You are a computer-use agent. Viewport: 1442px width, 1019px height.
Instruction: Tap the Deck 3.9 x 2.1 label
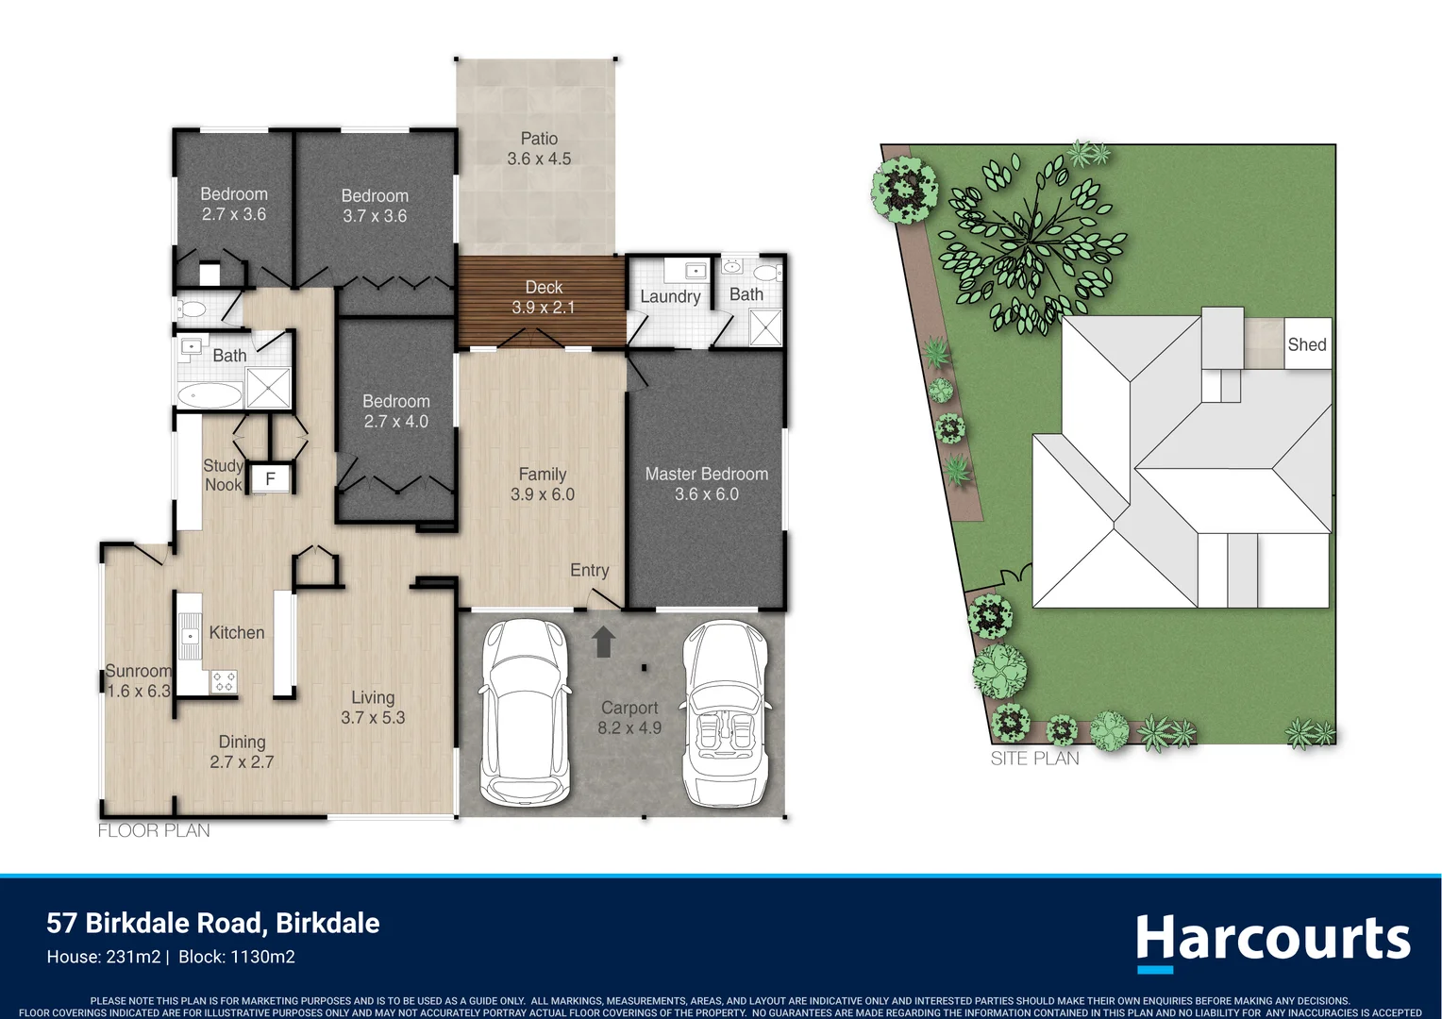pos(544,297)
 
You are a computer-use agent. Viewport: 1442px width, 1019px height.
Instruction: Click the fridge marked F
pos(270,478)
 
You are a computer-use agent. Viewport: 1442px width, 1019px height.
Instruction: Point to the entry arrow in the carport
pos(603,642)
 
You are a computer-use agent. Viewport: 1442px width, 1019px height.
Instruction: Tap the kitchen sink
pos(190,637)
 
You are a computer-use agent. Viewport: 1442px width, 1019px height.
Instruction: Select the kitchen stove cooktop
pos(224,682)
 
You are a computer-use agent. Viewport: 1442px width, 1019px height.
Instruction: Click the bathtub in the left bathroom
pos(210,395)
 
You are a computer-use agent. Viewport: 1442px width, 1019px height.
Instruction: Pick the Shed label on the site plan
pos(1307,344)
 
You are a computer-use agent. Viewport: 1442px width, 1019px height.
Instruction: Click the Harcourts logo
pos(1273,942)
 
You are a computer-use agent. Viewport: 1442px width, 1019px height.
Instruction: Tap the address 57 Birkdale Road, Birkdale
pos(213,923)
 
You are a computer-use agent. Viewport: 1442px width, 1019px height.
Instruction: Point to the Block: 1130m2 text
pos(236,958)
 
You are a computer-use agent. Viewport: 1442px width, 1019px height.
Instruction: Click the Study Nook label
pos(223,475)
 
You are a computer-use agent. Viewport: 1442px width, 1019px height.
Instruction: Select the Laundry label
pos(670,296)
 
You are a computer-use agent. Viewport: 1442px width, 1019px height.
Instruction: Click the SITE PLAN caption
pos(1034,759)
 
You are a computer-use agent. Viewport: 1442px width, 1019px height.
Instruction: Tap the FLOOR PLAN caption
pos(154,830)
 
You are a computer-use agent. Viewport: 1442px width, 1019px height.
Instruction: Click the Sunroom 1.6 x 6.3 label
pos(139,681)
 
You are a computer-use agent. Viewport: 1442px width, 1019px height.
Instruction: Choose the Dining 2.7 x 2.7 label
pos(242,752)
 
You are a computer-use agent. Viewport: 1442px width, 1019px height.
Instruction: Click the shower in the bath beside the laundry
pos(765,327)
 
